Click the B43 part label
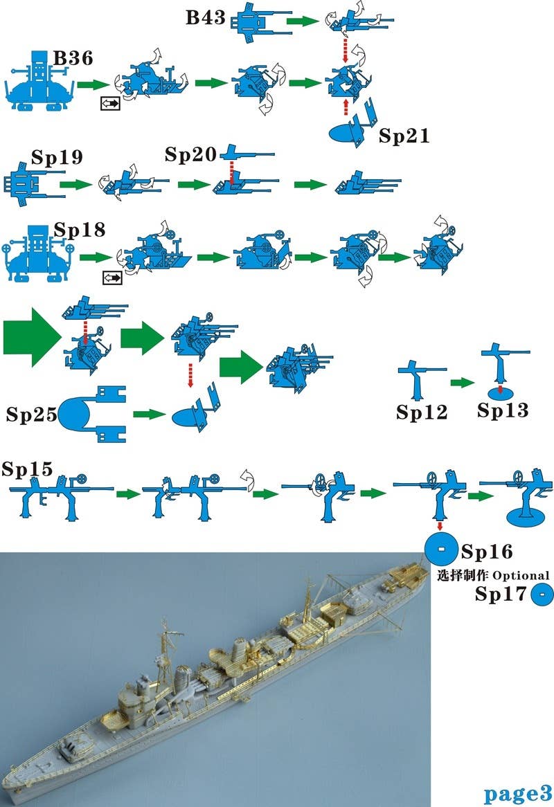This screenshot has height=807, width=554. click(x=206, y=17)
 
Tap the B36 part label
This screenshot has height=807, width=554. click(x=73, y=60)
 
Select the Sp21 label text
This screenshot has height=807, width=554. click(x=404, y=136)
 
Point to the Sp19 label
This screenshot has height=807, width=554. click(x=57, y=156)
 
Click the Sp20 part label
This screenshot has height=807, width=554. click(x=190, y=154)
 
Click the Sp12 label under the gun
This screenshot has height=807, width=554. click(x=422, y=412)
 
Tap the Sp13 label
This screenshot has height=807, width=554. click(x=503, y=410)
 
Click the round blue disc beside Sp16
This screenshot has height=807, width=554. click(x=440, y=550)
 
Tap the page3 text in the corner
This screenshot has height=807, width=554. click(x=517, y=793)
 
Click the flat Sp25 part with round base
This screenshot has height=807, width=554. click(x=91, y=414)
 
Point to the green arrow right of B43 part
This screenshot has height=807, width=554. click(x=299, y=22)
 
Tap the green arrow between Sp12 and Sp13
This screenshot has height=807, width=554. click(x=461, y=382)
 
